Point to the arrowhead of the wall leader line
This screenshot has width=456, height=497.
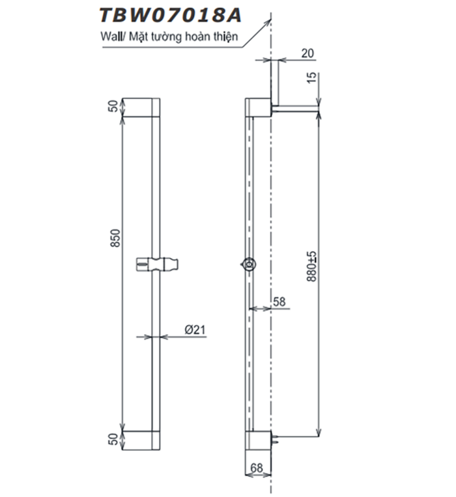268,20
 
